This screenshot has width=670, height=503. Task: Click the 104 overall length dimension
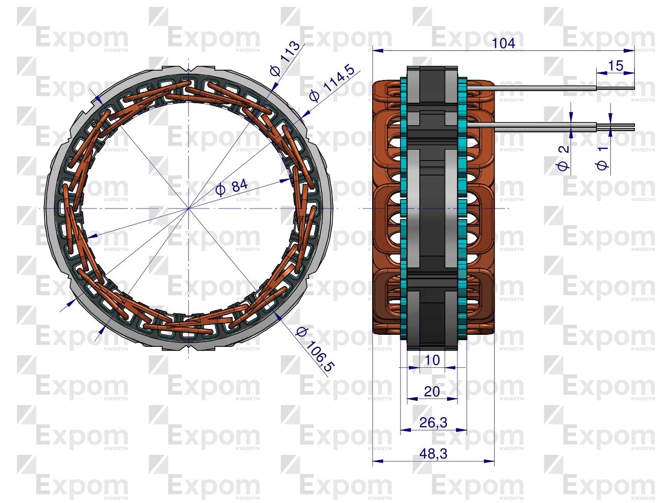(504, 43)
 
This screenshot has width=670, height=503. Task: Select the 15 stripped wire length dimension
(616, 65)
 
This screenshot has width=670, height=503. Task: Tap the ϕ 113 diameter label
(286, 58)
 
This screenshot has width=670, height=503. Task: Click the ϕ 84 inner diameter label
(231, 187)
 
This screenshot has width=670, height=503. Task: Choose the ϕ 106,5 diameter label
(314, 349)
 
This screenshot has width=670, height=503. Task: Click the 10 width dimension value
(432, 360)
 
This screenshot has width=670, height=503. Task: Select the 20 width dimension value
(432, 391)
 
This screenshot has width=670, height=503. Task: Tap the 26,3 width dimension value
(433, 422)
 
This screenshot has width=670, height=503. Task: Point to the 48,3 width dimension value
(433, 454)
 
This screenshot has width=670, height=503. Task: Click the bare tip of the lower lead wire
(623, 126)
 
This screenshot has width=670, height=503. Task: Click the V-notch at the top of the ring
(189, 69)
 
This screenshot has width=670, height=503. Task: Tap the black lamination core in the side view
(432, 210)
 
